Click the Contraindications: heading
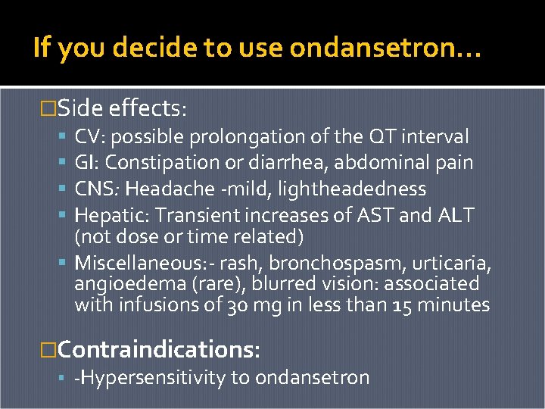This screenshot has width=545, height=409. (159, 349)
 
